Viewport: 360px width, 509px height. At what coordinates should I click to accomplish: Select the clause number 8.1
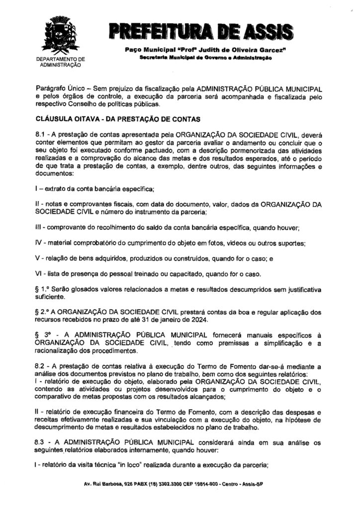tap(40, 135)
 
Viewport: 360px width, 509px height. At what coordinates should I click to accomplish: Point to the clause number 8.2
tap(40, 367)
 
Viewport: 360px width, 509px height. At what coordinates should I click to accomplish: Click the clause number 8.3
tap(40, 441)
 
